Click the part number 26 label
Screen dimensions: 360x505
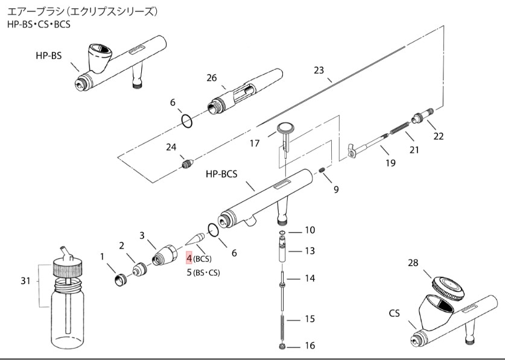click(x=211, y=78)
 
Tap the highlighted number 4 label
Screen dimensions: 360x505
click(x=189, y=259)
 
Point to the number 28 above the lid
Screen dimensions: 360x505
click(x=413, y=264)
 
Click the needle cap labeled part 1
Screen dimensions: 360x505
click(x=121, y=279)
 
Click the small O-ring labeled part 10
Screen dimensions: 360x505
click(x=282, y=231)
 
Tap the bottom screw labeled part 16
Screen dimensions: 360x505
click(x=282, y=347)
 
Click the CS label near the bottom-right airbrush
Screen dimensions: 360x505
click(x=395, y=314)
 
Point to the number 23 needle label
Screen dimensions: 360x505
click(x=319, y=70)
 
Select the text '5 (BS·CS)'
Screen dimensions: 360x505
click(x=203, y=272)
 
